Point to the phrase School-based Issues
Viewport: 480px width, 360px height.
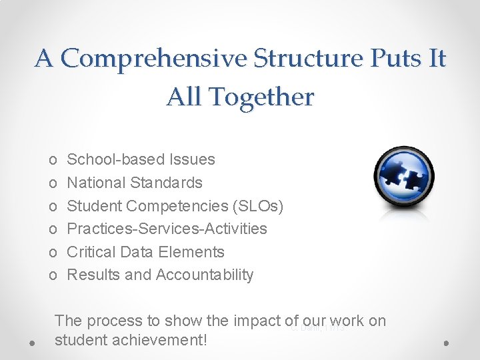pos(141,159)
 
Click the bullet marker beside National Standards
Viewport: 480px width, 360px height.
pos(53,183)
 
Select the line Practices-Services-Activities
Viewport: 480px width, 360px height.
pos(167,229)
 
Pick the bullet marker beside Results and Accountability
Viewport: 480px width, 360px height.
pos(53,275)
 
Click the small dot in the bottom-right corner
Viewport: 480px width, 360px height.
pos(446,342)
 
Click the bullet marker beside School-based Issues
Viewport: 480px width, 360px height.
pos(53,160)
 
